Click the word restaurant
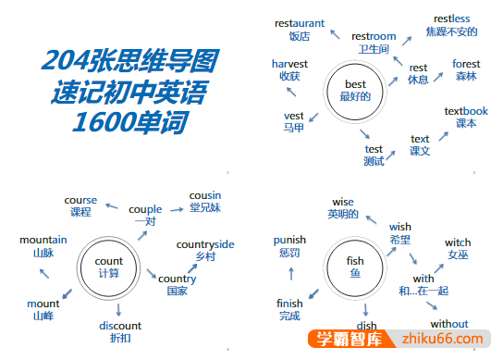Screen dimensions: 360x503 click(x=300, y=21)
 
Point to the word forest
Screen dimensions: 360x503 click(x=466, y=64)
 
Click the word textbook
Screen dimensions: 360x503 click(x=466, y=111)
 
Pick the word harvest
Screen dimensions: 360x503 click(x=289, y=63)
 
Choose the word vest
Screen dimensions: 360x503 click(x=294, y=116)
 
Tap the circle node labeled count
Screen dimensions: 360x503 click(x=109, y=267)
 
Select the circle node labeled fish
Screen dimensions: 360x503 click(x=355, y=267)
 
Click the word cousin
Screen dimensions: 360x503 click(x=205, y=195)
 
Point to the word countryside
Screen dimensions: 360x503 click(x=205, y=244)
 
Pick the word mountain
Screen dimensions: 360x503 click(x=43, y=241)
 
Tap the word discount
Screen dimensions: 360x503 click(x=120, y=326)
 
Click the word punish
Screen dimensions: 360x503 click(x=289, y=240)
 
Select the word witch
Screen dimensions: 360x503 click(x=458, y=242)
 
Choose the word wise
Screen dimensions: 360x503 click(x=342, y=202)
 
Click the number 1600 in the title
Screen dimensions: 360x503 click(x=104, y=122)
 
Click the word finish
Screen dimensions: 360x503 click(x=289, y=304)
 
